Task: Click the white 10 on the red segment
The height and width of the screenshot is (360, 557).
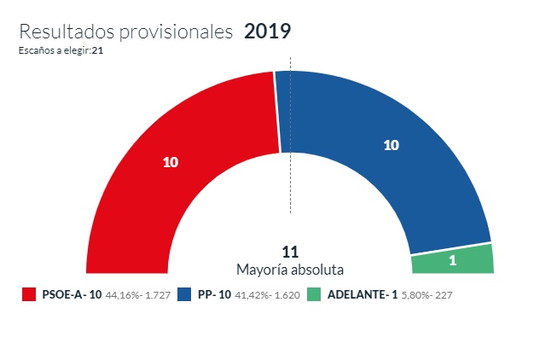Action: (x=170, y=162)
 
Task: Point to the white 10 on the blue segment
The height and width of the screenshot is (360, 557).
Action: (x=392, y=145)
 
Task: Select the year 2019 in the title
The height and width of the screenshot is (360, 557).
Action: (x=267, y=32)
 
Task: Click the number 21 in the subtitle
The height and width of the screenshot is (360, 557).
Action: (x=98, y=50)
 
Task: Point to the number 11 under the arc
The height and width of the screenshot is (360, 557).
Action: (x=290, y=253)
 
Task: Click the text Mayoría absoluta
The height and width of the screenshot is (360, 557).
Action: (x=290, y=270)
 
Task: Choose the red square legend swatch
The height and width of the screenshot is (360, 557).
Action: (x=28, y=295)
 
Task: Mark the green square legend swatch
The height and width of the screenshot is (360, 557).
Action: (x=315, y=295)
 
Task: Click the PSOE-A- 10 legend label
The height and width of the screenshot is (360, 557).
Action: (x=72, y=295)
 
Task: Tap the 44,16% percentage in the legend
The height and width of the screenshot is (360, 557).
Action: (x=123, y=295)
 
